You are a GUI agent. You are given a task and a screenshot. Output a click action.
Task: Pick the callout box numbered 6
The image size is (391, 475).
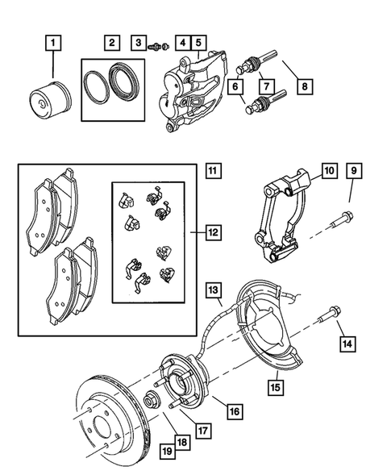click(x=238, y=85)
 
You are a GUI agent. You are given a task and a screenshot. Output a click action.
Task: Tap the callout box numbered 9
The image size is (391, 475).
click(x=352, y=171)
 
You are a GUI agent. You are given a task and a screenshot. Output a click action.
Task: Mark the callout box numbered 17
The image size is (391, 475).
click(x=204, y=431)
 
